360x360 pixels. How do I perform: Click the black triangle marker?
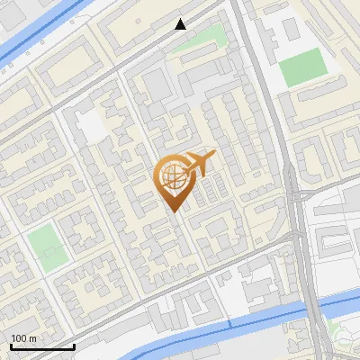click(181, 24)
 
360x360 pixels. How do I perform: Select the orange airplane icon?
click(198, 165)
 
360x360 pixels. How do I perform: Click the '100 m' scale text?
click(24, 338)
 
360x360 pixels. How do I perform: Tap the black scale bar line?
click(41, 346)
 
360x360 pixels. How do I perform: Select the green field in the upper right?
click(301, 67)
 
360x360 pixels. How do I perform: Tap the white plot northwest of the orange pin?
click(93, 126)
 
